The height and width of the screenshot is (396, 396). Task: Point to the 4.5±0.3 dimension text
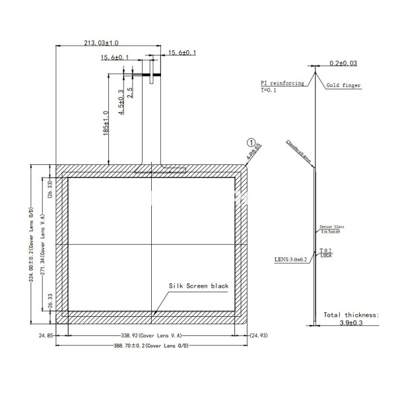click(x=121, y=102)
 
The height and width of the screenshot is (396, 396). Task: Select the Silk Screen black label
click(x=198, y=286)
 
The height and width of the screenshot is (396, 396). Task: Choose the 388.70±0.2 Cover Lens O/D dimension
click(x=152, y=345)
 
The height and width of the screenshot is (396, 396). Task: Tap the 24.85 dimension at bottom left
click(x=46, y=335)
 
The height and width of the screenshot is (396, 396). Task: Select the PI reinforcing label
click(x=282, y=84)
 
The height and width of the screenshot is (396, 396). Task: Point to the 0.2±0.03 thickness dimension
click(x=343, y=63)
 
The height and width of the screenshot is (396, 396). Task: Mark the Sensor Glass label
click(x=331, y=226)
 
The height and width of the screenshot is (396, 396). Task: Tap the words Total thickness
click(x=351, y=315)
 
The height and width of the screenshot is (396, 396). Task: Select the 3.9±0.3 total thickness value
click(x=351, y=324)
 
